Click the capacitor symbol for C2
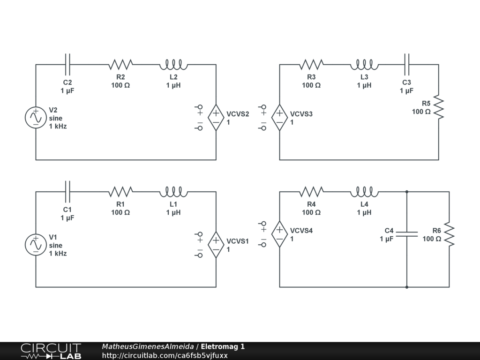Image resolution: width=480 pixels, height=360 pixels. tap(67, 64)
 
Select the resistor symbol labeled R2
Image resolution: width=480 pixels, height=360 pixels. tap(120, 64)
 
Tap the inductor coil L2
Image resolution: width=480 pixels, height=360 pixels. tap(173, 64)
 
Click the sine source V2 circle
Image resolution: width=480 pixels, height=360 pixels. tap(36, 117)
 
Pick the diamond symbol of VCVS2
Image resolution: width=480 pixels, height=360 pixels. tap(216, 117)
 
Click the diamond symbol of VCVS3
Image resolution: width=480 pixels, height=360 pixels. tap(279, 117)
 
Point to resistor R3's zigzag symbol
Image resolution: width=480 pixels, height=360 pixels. tap(311, 64)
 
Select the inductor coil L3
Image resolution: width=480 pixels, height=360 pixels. tap(364, 64)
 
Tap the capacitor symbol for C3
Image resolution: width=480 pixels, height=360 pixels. tap(406, 64)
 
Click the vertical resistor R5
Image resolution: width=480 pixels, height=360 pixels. tap(438, 107)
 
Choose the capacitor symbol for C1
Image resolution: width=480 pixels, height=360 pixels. tap(67, 191)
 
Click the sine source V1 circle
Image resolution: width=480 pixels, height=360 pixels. tap(36, 244)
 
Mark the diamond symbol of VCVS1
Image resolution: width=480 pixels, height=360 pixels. tap(216, 244)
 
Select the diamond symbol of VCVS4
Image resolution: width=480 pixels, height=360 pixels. tap(279, 234)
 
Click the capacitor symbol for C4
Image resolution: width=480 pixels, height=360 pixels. tap(406, 234)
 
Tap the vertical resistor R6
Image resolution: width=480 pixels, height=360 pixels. tap(449, 234)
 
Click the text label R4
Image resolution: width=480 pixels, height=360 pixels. tap(311, 204)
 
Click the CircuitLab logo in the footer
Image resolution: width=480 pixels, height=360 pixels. tap(51, 351)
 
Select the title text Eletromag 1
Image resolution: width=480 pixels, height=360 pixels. tap(223, 347)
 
